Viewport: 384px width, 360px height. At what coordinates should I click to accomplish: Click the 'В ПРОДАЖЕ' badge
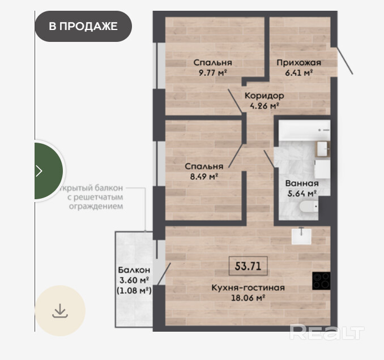point(83,26)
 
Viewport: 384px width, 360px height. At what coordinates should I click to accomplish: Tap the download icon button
point(60,311)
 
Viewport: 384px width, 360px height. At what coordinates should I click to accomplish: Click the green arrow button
point(49,171)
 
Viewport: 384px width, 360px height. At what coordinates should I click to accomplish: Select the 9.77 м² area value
point(212,72)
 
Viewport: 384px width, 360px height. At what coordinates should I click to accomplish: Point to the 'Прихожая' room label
point(299,63)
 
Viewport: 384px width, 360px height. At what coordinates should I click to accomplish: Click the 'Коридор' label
point(264,96)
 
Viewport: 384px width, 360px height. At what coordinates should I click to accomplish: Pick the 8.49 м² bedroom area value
point(204,177)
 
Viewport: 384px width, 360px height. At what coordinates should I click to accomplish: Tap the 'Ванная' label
point(302,183)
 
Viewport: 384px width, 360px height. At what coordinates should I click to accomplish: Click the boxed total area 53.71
point(248,266)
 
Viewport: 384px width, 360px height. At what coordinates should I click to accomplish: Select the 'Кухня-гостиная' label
point(248,288)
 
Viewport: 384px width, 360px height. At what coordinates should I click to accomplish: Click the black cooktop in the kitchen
point(321,281)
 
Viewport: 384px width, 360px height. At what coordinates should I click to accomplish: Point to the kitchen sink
point(301,236)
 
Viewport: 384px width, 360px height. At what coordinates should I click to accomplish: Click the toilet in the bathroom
point(309,207)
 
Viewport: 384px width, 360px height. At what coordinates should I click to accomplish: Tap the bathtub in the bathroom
point(305,130)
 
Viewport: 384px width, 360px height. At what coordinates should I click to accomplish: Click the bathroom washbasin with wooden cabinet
point(322,149)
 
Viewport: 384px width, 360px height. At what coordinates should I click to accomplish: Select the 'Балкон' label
point(134,270)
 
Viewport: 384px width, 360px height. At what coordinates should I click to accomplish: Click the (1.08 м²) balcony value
point(134,290)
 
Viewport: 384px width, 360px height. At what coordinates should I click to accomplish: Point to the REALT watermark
point(327,332)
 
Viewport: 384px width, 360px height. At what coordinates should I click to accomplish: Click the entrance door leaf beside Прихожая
point(344,61)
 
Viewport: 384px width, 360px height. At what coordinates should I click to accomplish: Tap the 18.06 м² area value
point(248,298)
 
